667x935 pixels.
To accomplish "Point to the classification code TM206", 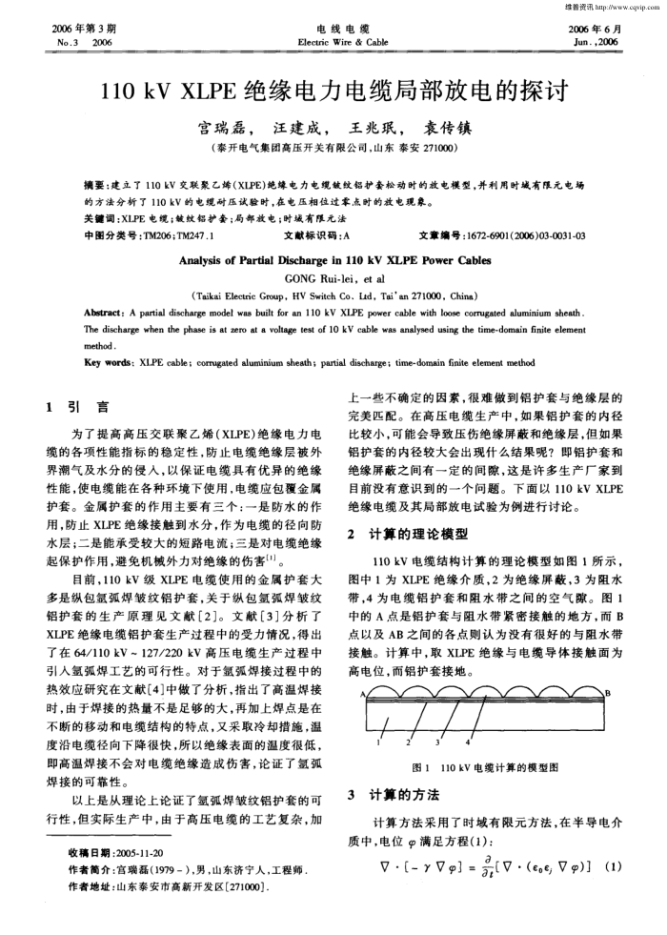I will (x=150, y=234).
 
